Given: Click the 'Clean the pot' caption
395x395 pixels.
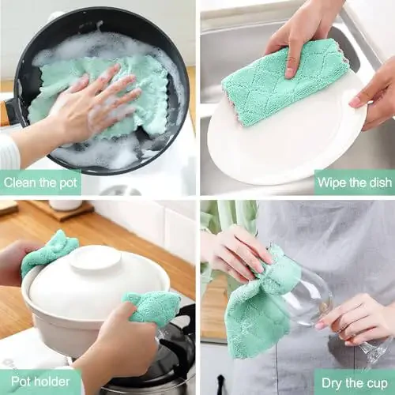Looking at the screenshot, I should (x=41, y=183).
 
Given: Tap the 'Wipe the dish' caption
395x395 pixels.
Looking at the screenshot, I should (x=354, y=183).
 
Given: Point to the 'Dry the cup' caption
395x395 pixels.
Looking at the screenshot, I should (x=353, y=382).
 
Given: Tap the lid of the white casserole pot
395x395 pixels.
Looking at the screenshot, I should (x=95, y=276).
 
